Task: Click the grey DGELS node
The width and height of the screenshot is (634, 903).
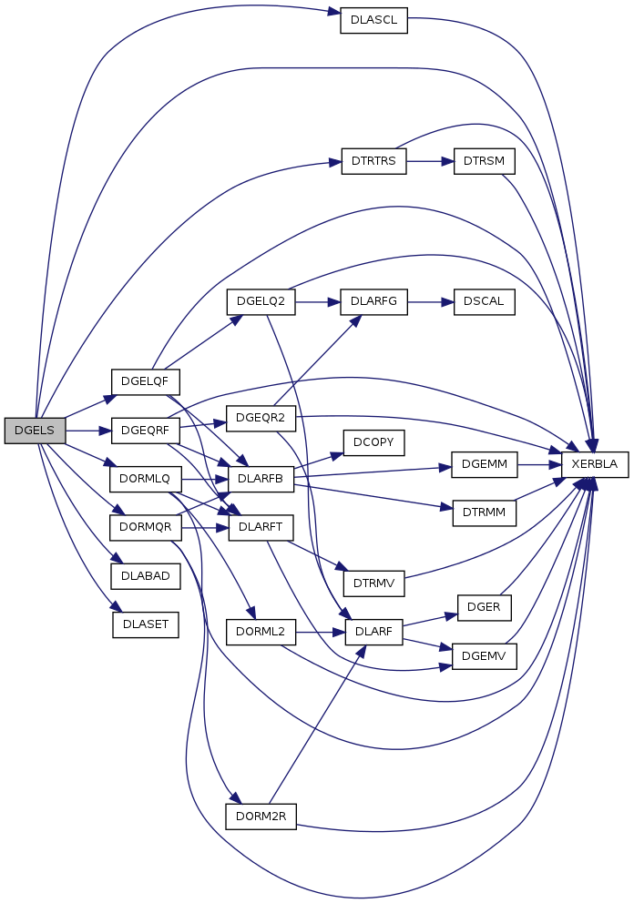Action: click(x=35, y=431)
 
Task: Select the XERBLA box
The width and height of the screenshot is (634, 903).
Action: click(x=595, y=464)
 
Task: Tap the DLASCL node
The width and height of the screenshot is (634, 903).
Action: click(x=373, y=22)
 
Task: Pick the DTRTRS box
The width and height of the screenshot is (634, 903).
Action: click(x=373, y=161)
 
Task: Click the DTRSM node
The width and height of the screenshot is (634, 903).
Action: click(x=485, y=161)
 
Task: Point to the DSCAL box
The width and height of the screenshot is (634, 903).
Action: click(x=485, y=301)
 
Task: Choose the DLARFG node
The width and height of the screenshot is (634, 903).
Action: click(x=373, y=301)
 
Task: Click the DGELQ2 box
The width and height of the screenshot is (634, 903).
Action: click(x=261, y=301)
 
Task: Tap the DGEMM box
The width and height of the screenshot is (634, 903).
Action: click(x=485, y=464)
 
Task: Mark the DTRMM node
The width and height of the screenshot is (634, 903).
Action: click(x=485, y=512)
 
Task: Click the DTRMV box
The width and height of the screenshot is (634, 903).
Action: click(x=373, y=583)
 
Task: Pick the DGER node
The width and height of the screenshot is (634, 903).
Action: click(x=485, y=607)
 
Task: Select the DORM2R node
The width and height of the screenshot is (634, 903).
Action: click(x=261, y=816)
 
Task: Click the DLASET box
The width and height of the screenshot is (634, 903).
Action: click(x=145, y=624)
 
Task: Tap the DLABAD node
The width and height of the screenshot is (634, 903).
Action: click(x=145, y=576)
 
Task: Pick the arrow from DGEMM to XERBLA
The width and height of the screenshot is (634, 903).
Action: click(x=538, y=464)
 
